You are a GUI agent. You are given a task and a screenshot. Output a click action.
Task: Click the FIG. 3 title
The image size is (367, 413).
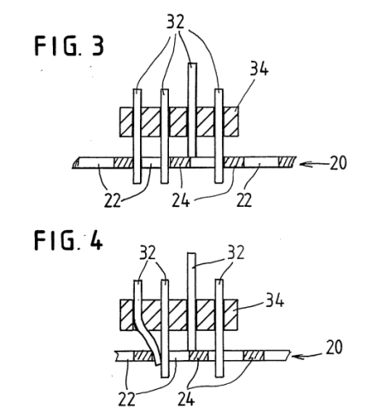69,46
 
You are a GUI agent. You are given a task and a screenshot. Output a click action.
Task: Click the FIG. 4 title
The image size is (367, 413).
68,240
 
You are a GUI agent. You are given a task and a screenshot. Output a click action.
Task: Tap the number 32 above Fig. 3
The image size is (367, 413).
175,21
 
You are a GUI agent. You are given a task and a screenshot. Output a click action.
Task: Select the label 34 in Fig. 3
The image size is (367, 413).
259,69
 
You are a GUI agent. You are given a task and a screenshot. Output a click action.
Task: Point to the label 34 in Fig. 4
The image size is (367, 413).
275,300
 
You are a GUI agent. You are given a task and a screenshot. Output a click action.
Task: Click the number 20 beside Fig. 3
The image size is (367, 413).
338,163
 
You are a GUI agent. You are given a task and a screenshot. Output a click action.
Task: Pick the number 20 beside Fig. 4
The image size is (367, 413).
334,347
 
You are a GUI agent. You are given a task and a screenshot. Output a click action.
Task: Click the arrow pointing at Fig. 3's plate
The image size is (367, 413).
314,164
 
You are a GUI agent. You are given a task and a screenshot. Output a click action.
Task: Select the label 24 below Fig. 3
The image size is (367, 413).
181,200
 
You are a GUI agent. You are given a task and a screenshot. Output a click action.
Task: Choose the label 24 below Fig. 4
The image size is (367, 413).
186,398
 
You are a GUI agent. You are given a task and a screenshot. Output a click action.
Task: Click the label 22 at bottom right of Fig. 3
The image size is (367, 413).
244,200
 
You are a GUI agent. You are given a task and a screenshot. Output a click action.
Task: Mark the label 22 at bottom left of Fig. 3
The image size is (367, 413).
112,200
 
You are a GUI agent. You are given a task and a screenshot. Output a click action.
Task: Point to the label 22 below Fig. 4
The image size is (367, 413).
126,398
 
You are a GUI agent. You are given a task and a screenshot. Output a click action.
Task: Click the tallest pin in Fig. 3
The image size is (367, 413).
192,109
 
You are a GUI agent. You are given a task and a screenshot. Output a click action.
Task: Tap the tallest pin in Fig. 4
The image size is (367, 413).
192,302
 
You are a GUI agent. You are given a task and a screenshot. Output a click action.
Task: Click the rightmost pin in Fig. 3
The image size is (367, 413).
218,136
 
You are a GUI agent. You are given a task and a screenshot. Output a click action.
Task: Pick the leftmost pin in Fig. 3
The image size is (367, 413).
137,136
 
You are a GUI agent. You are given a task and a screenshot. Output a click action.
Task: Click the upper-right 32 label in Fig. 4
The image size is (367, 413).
236,252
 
